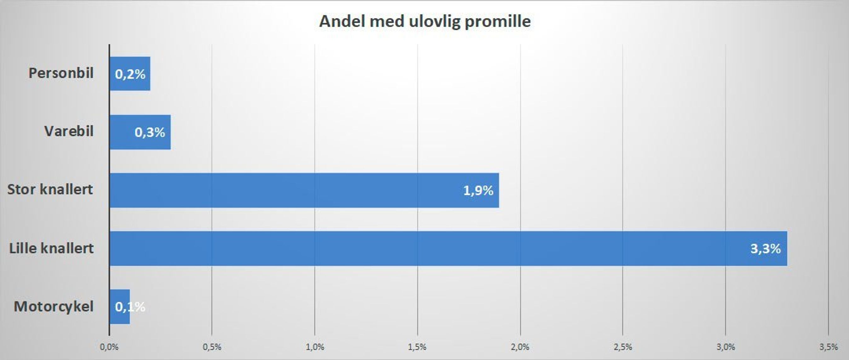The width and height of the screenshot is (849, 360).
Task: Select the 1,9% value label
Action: click(x=478, y=190)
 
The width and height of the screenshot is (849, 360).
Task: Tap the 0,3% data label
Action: click(x=150, y=132)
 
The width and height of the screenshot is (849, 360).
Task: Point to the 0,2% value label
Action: click(x=130, y=74)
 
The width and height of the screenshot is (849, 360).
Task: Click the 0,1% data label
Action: click(x=130, y=307)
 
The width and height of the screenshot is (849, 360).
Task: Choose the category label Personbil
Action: click(x=61, y=73)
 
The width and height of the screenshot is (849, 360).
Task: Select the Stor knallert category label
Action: click(x=50, y=189)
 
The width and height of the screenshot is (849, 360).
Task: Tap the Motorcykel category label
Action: click(x=54, y=307)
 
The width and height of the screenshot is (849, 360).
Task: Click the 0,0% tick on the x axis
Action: click(x=109, y=347)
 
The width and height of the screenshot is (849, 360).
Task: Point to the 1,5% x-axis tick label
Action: click(x=417, y=347)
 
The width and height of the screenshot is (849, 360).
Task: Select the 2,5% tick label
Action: click(x=622, y=347)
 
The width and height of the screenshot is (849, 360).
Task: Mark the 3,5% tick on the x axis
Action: click(x=828, y=347)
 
